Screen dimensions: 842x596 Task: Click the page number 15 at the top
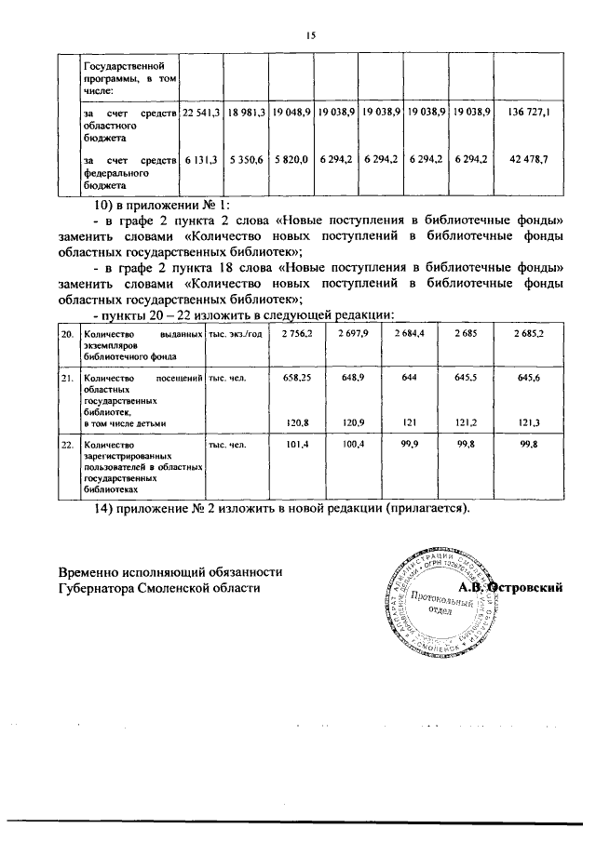click(x=311, y=35)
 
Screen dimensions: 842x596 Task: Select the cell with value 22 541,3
click(x=200, y=113)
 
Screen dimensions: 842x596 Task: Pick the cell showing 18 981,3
click(x=247, y=113)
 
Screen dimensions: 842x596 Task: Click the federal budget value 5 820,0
click(x=291, y=160)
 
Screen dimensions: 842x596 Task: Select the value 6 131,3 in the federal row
click(x=200, y=160)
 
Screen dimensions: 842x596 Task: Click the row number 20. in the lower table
click(x=67, y=333)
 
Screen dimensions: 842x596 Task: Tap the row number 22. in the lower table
click(x=67, y=446)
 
